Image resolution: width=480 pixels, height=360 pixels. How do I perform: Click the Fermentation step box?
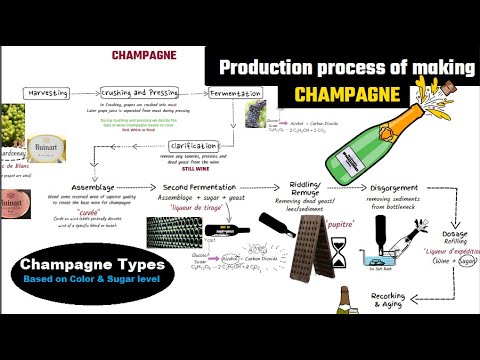click(x=237, y=93)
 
